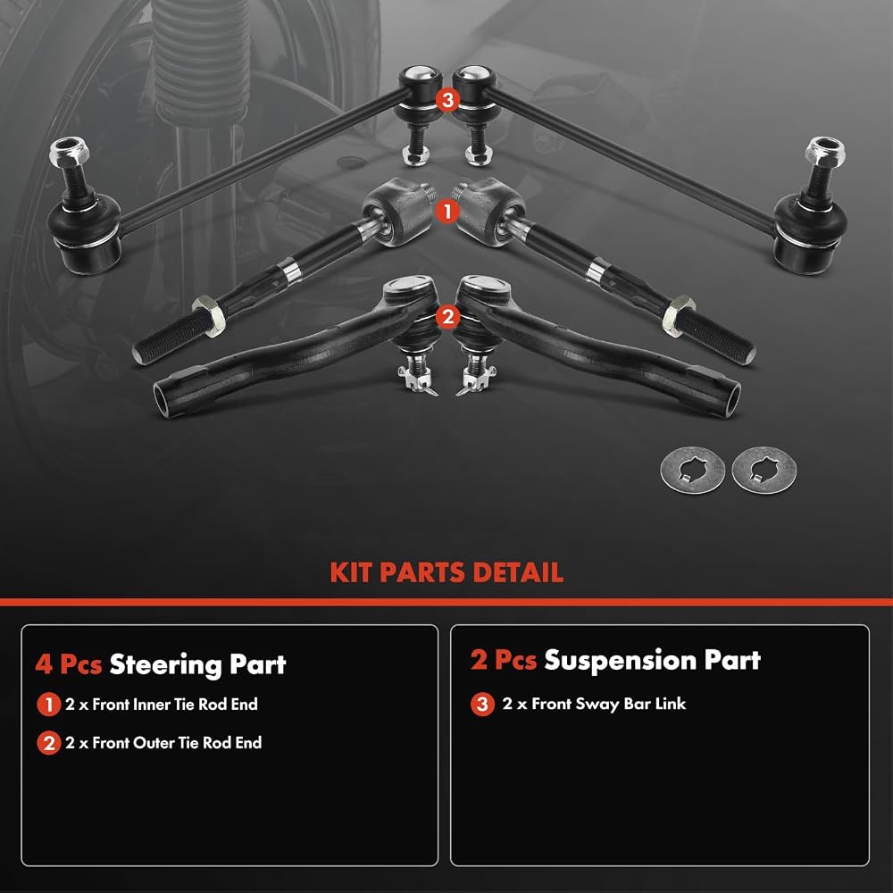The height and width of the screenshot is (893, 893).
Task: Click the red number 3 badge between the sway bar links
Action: [447, 100]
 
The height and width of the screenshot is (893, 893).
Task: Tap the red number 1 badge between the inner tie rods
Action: [447, 212]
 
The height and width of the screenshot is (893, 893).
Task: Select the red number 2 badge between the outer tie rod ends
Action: [447, 317]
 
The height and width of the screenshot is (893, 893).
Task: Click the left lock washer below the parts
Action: [693, 470]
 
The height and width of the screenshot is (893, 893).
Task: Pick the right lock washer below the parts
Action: [764, 470]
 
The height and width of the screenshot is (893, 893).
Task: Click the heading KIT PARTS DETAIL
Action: [446, 572]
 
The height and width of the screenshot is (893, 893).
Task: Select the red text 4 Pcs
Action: [69, 664]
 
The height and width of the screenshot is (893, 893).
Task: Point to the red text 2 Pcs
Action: [504, 660]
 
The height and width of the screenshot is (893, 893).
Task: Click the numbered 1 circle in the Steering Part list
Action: [49, 705]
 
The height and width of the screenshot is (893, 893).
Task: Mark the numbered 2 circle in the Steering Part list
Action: [49, 743]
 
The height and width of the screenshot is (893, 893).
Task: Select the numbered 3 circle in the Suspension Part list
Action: [482, 704]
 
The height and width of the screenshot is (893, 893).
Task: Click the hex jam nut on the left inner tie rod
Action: [209, 315]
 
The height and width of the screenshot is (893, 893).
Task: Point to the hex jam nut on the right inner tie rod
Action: [679, 315]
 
